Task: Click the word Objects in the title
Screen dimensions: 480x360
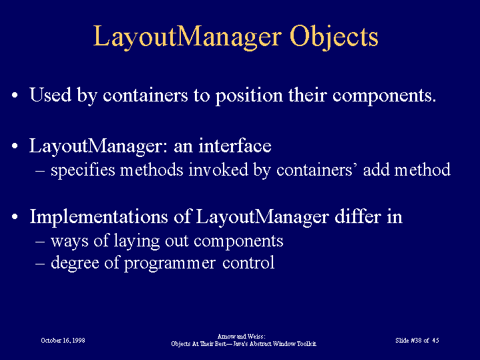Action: [334, 37]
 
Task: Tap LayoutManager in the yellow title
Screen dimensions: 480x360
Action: [187, 37]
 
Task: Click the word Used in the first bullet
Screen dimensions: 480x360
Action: [51, 95]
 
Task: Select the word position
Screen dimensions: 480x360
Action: [249, 96]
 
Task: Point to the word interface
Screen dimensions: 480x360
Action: [235, 146]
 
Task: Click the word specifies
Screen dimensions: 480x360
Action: [83, 170]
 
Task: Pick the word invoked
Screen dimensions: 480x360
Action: [218, 170]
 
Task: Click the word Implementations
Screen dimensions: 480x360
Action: [99, 217]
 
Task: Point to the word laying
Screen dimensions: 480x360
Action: [137, 241]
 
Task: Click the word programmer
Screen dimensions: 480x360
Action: [170, 264]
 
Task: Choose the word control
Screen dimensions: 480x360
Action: [248, 262]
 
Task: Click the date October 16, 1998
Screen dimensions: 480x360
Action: [63, 341]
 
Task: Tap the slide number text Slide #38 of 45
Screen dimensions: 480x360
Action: [417, 341]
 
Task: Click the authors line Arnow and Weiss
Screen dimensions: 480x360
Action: [241, 337]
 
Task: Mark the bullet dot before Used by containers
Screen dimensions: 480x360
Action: [15, 96]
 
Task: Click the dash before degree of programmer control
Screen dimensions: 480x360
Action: [41, 264]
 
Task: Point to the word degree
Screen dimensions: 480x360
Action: [75, 263]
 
